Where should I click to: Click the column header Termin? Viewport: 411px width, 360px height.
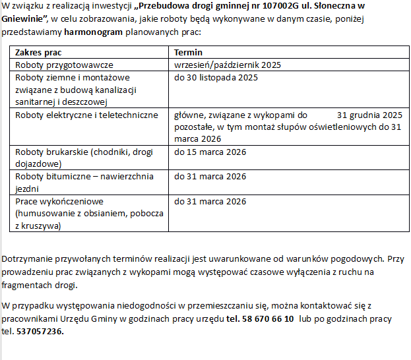188,52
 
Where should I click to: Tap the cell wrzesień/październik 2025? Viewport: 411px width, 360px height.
228,65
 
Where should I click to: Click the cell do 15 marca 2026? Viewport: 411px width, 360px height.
210,152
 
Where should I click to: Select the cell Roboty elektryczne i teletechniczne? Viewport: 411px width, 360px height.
86,115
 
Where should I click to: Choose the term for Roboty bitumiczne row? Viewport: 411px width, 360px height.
210,177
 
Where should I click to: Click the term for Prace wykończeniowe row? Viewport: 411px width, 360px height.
210,201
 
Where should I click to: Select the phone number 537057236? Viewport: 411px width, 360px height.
41,331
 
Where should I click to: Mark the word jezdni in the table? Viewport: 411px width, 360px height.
27,189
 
